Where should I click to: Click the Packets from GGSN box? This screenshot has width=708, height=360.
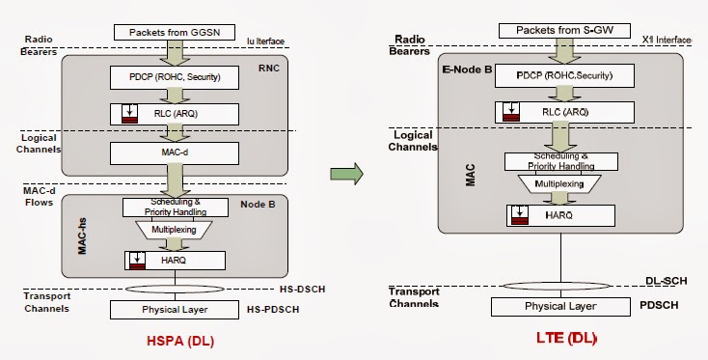tap(175, 33)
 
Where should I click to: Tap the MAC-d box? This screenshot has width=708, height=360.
tap(175, 152)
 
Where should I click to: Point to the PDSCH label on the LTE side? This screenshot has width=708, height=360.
tap(663, 306)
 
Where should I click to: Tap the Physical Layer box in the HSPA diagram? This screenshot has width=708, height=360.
tap(175, 310)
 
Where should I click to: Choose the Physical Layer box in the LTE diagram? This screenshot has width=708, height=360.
tap(560, 307)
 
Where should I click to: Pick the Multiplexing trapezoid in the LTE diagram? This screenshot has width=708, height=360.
tap(559, 182)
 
